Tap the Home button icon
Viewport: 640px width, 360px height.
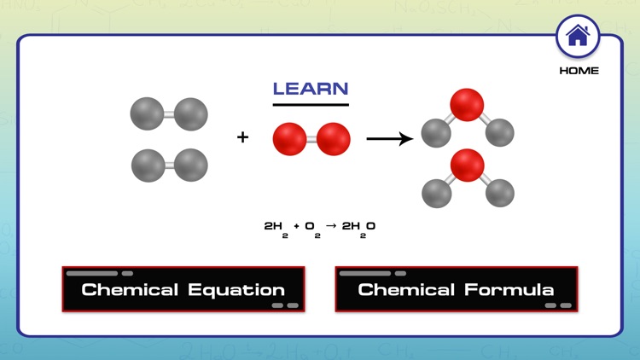578,37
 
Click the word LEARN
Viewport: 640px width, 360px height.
311,89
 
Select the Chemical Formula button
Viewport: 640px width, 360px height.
456,289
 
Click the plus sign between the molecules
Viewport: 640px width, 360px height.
243,136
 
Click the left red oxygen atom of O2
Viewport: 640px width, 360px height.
290,139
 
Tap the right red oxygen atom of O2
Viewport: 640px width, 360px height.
333,139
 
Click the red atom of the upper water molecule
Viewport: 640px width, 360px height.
466,104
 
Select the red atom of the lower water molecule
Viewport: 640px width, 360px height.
467,165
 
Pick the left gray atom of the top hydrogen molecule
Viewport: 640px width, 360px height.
147,113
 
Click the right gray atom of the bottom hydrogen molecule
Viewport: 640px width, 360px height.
191,165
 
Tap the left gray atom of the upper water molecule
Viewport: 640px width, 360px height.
436,133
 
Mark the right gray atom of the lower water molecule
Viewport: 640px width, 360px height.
500,193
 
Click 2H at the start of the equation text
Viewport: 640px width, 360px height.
273,226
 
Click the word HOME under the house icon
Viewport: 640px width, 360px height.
579,71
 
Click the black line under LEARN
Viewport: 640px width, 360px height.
311,105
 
